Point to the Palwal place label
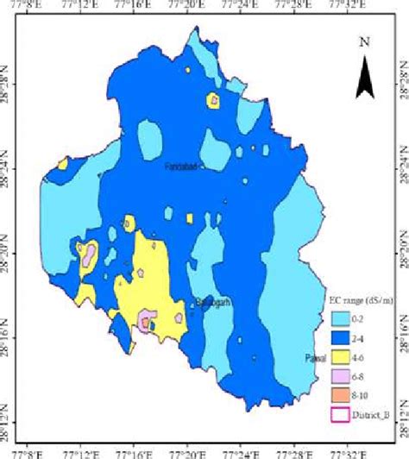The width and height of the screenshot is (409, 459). click(316, 334)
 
